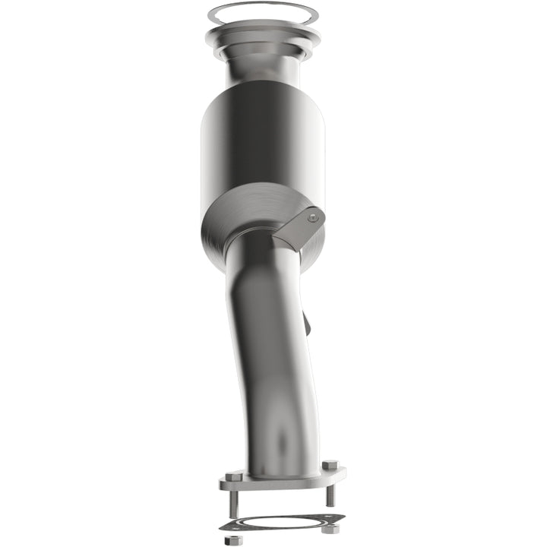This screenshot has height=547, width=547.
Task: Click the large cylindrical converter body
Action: pos(263,144)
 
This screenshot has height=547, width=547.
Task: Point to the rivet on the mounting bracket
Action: pos(311,217)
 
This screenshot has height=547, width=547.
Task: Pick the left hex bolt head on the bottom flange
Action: pos(235,476)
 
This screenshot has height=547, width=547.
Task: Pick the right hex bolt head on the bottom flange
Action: pos(329,465)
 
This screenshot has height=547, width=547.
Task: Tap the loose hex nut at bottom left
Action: pos(234,541)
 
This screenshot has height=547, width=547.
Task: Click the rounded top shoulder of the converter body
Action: pos(263,95)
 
